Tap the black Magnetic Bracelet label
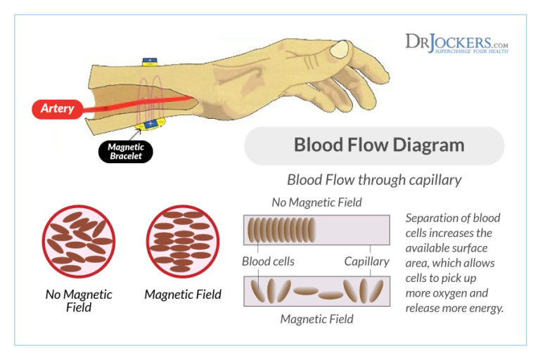[x=125, y=151]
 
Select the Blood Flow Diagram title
[x=378, y=146]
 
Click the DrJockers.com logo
[x=456, y=43]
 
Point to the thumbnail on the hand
[x=340, y=49]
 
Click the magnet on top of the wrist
[x=149, y=62]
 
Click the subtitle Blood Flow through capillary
[x=374, y=180]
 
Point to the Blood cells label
[x=268, y=262]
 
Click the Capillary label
[x=366, y=262]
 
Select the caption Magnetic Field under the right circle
[x=183, y=295]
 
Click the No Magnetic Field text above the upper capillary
[x=316, y=202]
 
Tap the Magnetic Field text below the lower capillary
[x=316, y=319]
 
